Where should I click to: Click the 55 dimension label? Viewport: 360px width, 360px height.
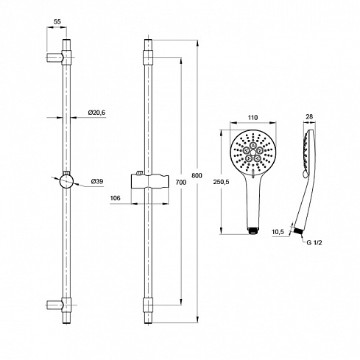(x=57, y=21)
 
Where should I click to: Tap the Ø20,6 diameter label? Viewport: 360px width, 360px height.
(x=96, y=113)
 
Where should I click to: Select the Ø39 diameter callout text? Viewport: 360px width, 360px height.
(x=97, y=182)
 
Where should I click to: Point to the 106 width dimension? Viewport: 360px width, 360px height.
(x=115, y=198)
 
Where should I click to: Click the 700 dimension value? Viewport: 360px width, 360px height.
(x=181, y=183)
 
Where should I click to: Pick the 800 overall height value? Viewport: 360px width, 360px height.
(x=197, y=176)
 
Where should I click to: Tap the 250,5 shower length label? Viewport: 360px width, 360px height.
(x=221, y=182)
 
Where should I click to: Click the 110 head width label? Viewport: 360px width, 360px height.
(x=253, y=118)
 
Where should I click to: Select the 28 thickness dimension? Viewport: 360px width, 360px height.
(x=309, y=116)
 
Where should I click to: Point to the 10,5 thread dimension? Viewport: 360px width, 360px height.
(x=278, y=231)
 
